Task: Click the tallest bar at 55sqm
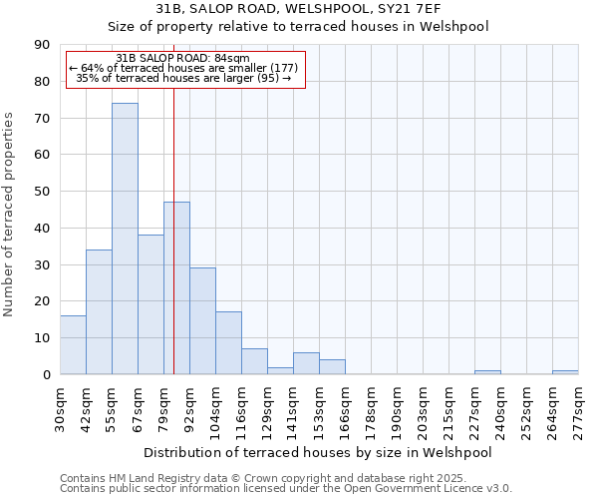point(125,240)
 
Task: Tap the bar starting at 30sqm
point(73,344)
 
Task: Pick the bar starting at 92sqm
point(202,321)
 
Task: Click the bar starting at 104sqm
point(228,343)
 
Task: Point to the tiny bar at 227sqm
point(487,372)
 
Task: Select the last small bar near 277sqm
point(565,372)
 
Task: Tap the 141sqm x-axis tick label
point(294,405)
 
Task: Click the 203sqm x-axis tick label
point(424,405)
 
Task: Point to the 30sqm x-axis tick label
point(61,405)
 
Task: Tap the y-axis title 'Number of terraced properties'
point(10,215)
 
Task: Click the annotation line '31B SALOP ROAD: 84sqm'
point(183,59)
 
